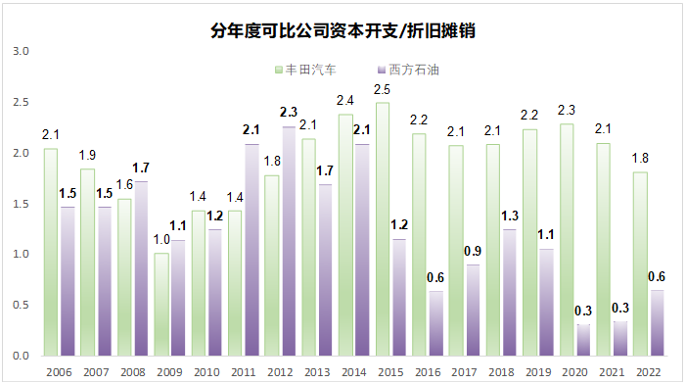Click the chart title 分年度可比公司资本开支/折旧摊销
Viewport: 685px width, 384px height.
click(343, 30)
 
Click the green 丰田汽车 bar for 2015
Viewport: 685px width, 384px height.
click(382, 228)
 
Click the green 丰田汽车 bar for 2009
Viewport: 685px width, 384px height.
click(161, 304)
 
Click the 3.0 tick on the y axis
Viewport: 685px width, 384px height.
click(23, 51)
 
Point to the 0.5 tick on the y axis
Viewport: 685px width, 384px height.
click(23, 305)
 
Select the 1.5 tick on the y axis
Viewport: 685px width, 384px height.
click(23, 203)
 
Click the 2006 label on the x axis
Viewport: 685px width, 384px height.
click(57, 371)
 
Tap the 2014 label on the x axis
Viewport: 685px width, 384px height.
click(352, 371)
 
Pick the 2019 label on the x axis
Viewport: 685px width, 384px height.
click(537, 371)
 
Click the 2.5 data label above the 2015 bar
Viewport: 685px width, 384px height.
click(382, 90)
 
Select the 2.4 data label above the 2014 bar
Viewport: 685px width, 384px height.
click(344, 101)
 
